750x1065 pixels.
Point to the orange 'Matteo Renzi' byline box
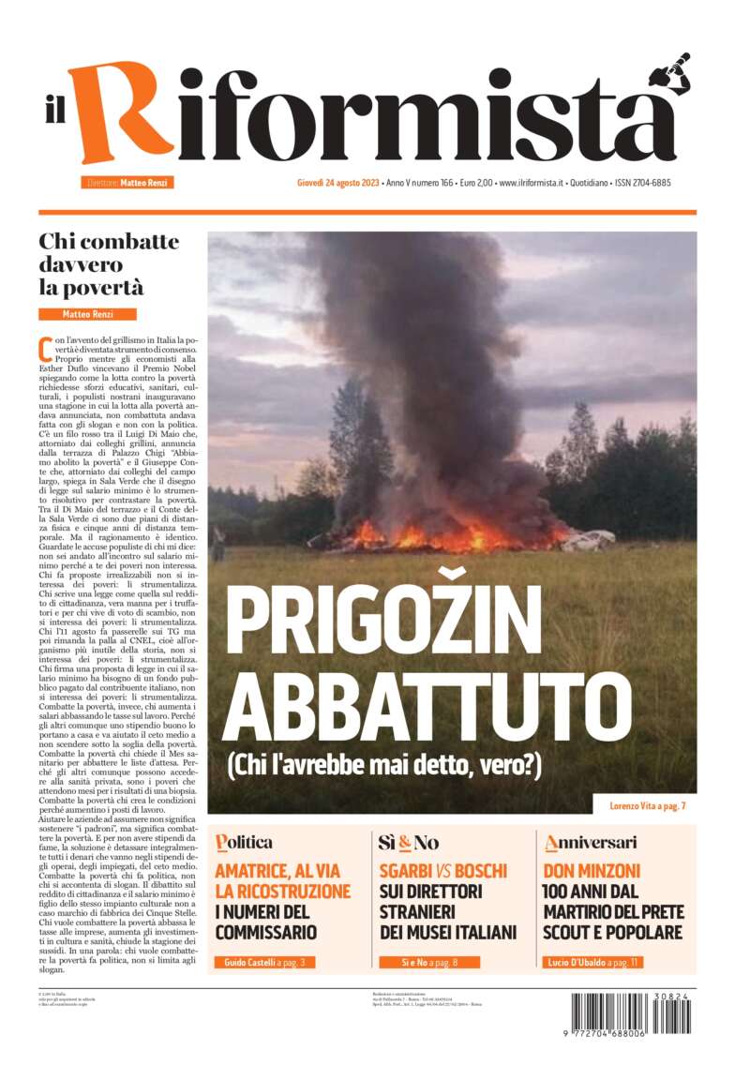coord(87,314)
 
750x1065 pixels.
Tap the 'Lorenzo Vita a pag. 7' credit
coord(645,805)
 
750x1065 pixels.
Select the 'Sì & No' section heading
coord(409,842)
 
